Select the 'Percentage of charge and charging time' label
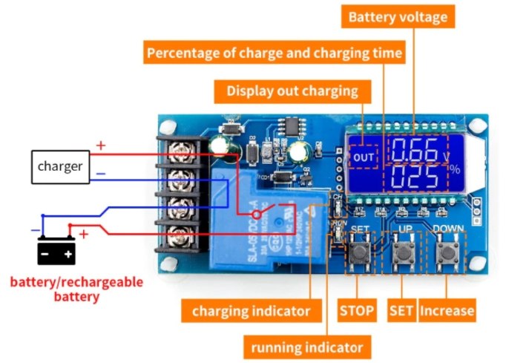click(x=275, y=53)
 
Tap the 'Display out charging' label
click(x=292, y=91)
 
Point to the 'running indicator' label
click(x=306, y=347)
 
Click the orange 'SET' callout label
click(x=401, y=310)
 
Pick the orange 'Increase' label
click(x=447, y=310)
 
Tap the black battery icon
click(x=57, y=252)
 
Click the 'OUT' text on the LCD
click(x=364, y=158)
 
